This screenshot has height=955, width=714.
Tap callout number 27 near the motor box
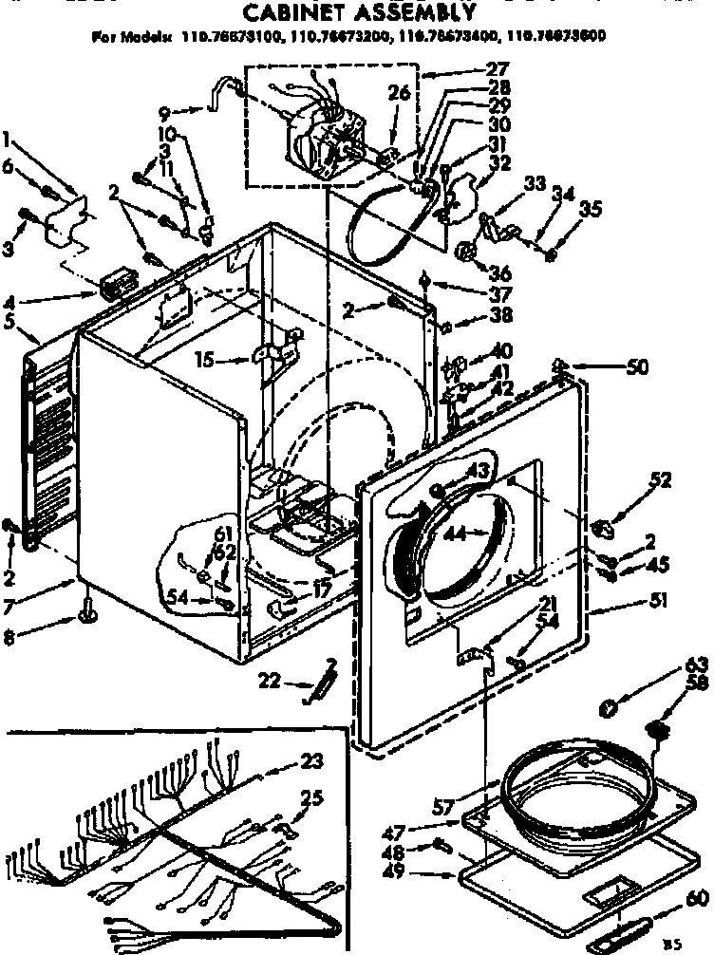497,68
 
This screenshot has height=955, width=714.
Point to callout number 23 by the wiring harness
312,759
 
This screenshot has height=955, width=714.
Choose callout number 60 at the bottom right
696,898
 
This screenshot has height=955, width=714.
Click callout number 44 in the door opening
454,534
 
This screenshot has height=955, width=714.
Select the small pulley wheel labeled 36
465,252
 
